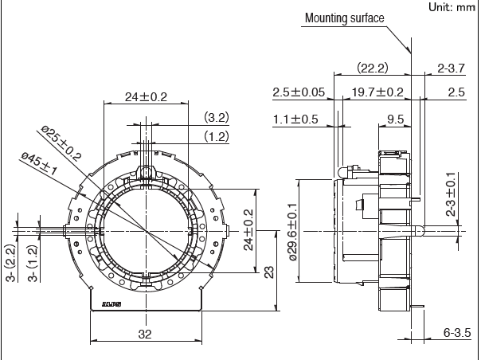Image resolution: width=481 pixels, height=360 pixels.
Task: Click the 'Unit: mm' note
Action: (x=451, y=7)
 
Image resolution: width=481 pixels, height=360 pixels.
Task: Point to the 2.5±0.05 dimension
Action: (x=298, y=92)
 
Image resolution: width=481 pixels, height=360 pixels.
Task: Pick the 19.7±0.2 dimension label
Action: (x=377, y=92)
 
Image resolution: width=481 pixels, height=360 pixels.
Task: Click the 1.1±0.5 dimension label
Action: (x=295, y=119)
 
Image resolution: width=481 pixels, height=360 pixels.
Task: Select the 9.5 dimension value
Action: (x=395, y=119)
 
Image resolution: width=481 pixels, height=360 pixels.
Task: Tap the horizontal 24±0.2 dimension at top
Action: (x=146, y=97)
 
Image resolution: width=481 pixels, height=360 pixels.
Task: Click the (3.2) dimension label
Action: (x=216, y=117)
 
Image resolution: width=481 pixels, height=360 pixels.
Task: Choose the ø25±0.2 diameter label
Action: (x=61, y=143)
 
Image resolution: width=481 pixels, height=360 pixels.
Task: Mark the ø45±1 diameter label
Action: (x=40, y=165)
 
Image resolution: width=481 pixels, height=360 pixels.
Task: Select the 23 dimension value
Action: (x=269, y=272)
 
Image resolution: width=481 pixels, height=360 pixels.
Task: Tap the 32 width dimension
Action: (x=144, y=335)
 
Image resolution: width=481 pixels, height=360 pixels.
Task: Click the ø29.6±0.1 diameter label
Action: (x=291, y=230)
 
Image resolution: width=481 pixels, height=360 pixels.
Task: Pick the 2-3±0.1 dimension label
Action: (x=452, y=195)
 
